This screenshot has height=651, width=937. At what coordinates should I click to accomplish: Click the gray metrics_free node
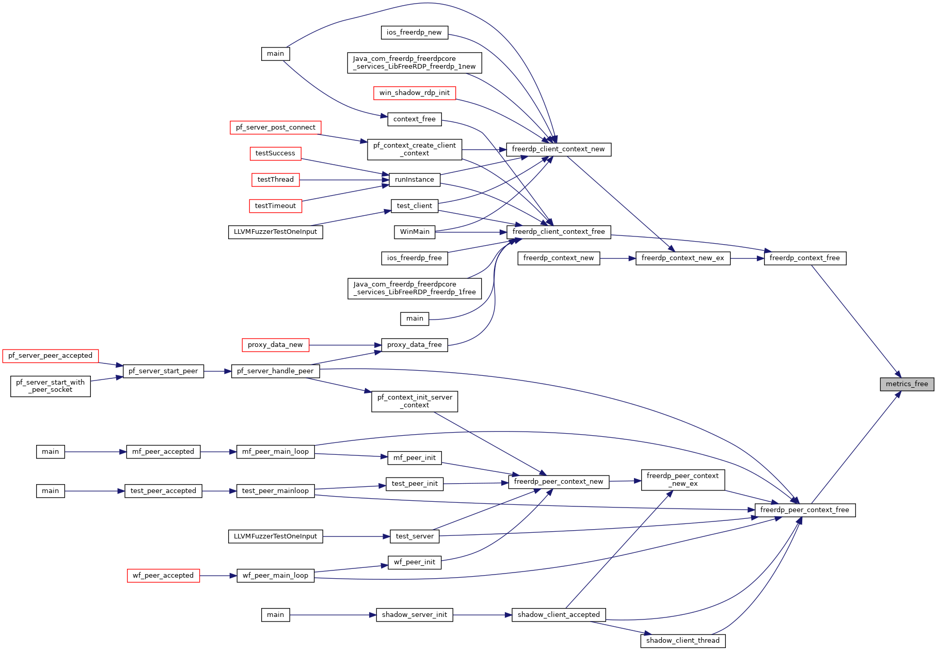(x=907, y=384)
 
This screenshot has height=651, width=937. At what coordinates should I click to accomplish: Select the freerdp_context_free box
(x=805, y=258)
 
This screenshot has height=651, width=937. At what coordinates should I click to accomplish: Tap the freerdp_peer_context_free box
(x=805, y=510)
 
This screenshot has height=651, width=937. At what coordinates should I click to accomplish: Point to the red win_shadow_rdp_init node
(x=415, y=93)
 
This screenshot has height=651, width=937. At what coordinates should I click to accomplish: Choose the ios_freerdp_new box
(x=415, y=33)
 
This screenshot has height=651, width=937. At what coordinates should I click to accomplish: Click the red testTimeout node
(x=276, y=206)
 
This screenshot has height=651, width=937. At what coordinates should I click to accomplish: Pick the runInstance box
(x=415, y=180)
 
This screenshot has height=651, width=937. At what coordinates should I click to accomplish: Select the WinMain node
(x=415, y=232)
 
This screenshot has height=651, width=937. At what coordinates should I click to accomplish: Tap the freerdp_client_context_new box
(x=559, y=149)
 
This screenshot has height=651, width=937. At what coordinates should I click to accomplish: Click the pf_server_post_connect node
(x=276, y=128)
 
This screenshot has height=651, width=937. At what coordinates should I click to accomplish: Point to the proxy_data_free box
(x=415, y=345)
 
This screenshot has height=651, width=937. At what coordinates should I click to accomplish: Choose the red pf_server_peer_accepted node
(x=51, y=356)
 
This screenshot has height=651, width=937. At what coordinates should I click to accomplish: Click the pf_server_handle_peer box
(x=276, y=371)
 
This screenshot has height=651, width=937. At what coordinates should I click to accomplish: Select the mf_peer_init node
(x=415, y=458)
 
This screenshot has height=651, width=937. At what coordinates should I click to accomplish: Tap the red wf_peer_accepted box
(x=163, y=576)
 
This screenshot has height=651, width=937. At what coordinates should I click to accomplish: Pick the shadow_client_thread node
(x=683, y=641)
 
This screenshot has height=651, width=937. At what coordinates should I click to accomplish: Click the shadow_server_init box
(x=415, y=615)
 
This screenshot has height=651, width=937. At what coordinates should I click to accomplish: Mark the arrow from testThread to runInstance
(x=344, y=180)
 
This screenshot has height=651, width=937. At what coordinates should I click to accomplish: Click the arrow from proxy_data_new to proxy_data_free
(x=345, y=345)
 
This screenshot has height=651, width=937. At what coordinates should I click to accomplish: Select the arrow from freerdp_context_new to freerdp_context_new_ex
(x=618, y=258)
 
